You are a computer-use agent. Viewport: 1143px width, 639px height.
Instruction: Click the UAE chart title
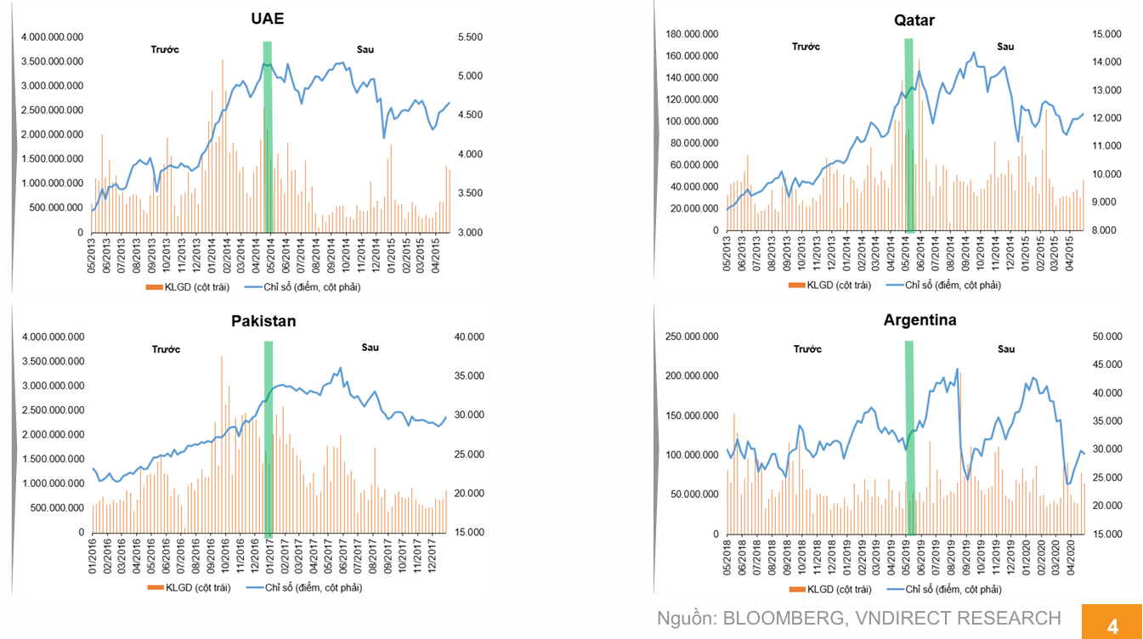[268, 19]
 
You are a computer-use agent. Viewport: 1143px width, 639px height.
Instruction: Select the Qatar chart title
[914, 20]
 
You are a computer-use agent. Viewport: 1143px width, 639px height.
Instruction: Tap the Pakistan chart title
[263, 321]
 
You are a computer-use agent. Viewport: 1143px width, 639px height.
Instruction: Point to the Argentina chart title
[919, 320]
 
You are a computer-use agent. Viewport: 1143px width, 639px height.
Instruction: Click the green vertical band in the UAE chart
[268, 136]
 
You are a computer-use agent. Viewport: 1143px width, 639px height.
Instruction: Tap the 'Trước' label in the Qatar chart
[806, 47]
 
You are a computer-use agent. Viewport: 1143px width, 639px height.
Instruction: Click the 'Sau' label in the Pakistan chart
[370, 348]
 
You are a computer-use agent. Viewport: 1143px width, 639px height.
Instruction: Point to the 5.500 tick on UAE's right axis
[470, 37]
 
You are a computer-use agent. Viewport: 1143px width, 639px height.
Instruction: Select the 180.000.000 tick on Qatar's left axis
[693, 34]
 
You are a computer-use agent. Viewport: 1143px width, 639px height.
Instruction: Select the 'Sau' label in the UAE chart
[365, 49]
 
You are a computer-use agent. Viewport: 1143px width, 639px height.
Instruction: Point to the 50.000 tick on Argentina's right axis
[1104, 337]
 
